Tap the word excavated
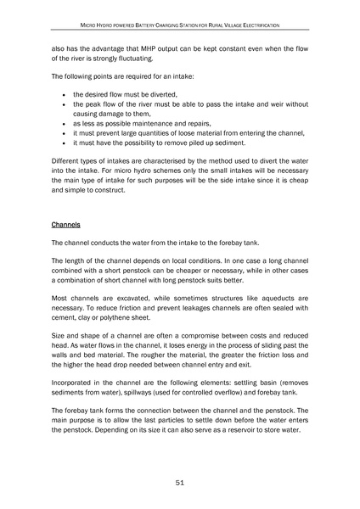(127, 299)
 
